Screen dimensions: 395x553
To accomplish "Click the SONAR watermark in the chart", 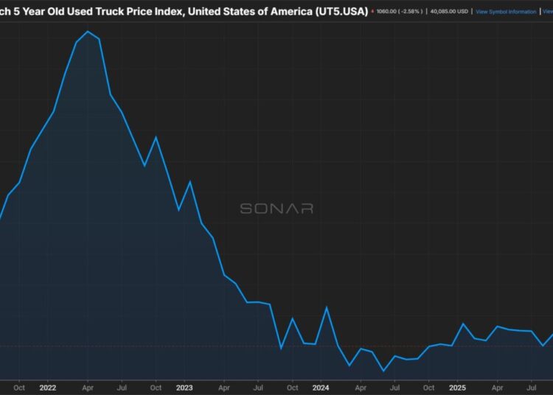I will pos(276,209).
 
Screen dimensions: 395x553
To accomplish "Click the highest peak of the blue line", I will pos(88,32).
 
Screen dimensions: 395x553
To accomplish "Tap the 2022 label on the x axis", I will pos(48,387).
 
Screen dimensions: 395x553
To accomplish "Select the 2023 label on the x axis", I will pos(184,387).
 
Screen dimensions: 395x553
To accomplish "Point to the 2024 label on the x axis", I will pos(321,387).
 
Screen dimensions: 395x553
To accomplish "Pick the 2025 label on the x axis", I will pos(457,387).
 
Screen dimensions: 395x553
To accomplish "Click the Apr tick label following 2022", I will pos(88,387).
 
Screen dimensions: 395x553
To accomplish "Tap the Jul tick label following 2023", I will pos(258,387).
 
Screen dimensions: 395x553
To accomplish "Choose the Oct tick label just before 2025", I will pos(428,387).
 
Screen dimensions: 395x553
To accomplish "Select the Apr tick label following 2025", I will pos(497,387).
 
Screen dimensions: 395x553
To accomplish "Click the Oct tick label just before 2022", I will pos(19,387).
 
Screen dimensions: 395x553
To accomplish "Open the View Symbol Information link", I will pos(506,12).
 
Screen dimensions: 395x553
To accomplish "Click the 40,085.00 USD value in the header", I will pos(449,12).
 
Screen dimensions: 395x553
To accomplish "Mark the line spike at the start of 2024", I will pos(327,307).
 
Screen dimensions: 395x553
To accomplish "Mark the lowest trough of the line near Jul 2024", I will pos(383,371).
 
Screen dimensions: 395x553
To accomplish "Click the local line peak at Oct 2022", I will pos(156,137).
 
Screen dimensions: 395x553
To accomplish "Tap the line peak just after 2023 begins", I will pos(190,181).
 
